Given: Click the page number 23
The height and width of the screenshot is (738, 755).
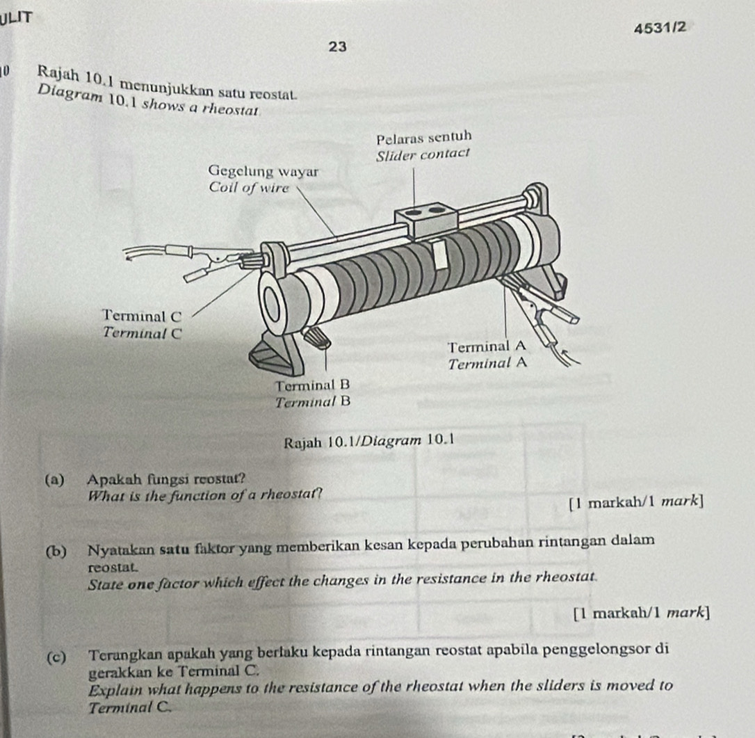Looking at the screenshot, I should click(338, 46).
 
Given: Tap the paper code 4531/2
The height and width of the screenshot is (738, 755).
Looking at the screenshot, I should click(661, 28).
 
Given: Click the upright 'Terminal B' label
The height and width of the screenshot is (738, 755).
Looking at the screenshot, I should click(311, 385).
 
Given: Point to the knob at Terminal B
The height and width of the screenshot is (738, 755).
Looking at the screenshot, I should click(319, 339).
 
